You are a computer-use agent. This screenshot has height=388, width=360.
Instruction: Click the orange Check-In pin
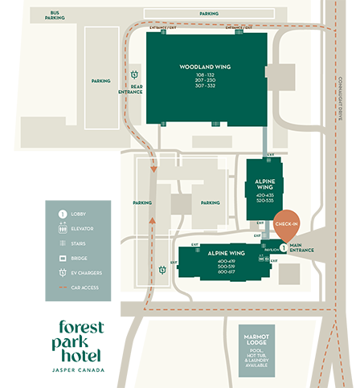tap(287, 224)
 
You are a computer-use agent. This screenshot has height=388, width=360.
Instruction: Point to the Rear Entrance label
tap(131, 89)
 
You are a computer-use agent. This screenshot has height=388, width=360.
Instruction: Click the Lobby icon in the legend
tap(62, 214)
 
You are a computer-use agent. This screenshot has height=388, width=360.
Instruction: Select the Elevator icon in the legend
tap(62, 229)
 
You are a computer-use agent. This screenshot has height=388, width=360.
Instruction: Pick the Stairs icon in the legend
tap(62, 243)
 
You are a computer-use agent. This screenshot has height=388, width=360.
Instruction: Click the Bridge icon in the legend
tap(62, 258)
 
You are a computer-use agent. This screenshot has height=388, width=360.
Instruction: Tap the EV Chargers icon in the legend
tap(62, 272)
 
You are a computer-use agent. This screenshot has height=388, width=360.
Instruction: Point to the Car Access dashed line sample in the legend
tap(62, 287)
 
